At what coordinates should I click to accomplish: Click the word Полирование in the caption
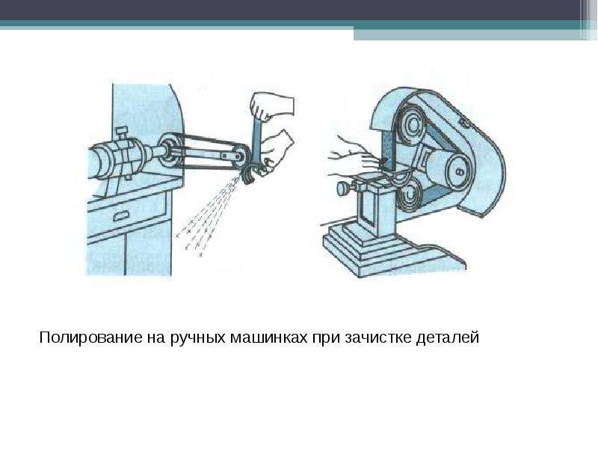[x=90, y=337]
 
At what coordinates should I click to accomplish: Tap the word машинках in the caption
[x=268, y=337]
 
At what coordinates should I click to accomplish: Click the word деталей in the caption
[x=447, y=338]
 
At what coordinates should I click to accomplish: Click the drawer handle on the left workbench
[x=122, y=217]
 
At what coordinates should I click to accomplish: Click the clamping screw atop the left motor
[x=122, y=134]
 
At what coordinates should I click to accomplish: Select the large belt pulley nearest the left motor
[x=169, y=150]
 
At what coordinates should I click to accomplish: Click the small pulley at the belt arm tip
[x=240, y=156]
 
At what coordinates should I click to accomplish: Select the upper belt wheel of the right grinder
[x=410, y=124]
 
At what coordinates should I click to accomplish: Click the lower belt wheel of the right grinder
[x=409, y=195]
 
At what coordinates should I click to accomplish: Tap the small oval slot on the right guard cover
[x=464, y=123]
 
